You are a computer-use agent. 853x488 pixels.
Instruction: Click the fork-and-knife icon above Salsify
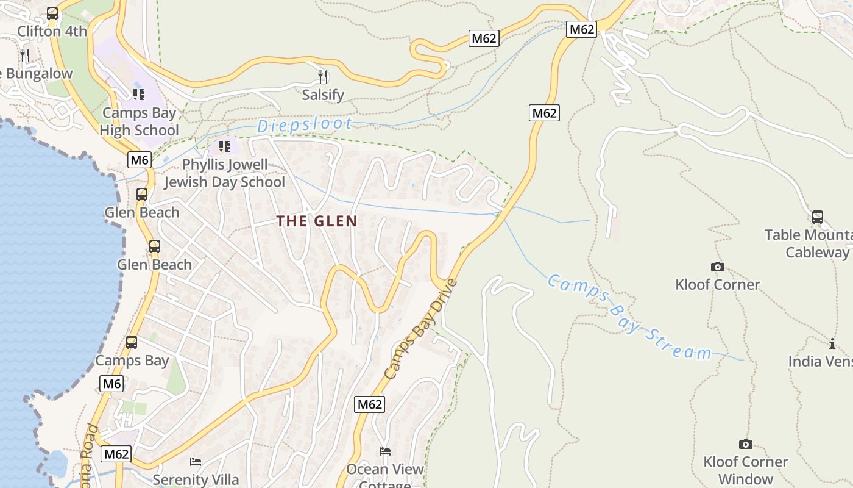tap(323, 76)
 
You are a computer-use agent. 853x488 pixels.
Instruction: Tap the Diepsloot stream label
tap(305, 125)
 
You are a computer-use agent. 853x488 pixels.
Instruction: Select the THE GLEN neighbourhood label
tap(317, 221)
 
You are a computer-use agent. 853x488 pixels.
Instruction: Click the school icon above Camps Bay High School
tap(139, 94)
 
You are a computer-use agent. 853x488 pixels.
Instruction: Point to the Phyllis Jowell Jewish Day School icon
tap(225, 146)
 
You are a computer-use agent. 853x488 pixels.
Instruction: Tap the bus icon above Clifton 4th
tap(52, 13)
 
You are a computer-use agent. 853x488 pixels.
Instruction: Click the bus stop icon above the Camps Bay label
tap(132, 342)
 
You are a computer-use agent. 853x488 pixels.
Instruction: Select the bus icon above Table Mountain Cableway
tap(818, 217)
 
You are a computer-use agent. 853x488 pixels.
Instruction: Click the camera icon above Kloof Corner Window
tap(745, 444)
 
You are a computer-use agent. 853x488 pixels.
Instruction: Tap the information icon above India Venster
tap(832, 343)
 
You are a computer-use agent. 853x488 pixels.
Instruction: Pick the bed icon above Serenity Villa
tap(196, 461)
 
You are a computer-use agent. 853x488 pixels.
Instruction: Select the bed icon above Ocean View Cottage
tap(385, 451)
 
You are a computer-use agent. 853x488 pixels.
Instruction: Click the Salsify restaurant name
tap(323, 95)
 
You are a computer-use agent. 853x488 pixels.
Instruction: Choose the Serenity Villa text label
tap(196, 479)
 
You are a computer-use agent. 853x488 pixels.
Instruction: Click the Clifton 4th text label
tap(52, 31)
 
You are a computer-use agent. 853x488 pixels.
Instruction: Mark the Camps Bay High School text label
tap(139, 121)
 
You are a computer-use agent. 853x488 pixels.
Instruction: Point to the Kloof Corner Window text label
tap(746, 470)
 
